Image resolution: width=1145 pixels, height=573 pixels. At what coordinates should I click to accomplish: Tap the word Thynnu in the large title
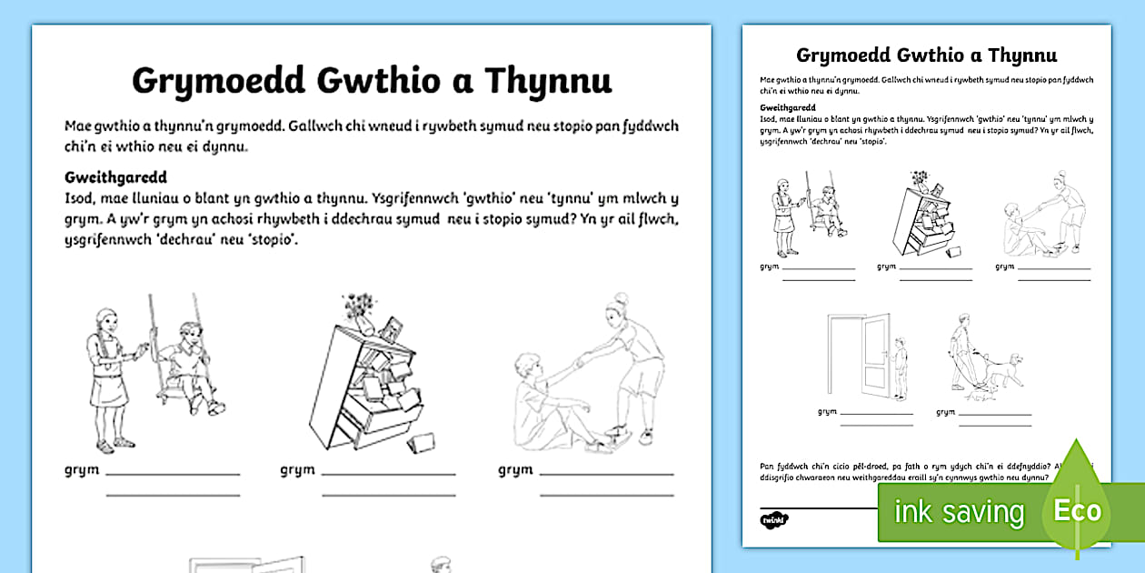point(548,81)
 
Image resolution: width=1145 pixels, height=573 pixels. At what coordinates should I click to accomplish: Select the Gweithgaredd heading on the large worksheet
point(115,176)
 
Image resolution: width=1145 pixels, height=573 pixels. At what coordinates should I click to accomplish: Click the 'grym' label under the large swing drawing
point(81,470)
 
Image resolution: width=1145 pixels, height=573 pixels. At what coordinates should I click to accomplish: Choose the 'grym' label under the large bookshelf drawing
point(296,470)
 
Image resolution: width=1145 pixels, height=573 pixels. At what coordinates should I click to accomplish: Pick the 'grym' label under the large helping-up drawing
point(514,470)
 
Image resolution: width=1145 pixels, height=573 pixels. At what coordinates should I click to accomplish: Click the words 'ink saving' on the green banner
point(959,512)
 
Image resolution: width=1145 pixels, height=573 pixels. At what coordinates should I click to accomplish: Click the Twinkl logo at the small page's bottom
point(774,519)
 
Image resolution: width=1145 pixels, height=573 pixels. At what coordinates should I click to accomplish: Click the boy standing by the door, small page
point(900,368)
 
